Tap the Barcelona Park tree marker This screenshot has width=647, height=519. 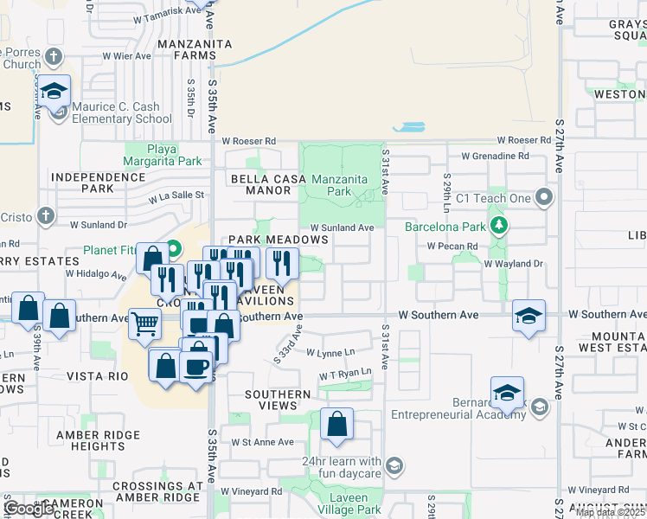click(x=498, y=227)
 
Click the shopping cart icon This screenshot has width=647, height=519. click(x=145, y=323)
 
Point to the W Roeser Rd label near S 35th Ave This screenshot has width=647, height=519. click(x=248, y=140)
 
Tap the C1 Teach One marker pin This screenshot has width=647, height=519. click(x=544, y=197)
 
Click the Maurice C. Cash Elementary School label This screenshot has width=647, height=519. click(x=121, y=113)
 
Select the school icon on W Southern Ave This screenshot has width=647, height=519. click(x=528, y=315)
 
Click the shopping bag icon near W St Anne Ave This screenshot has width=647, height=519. click(x=336, y=425)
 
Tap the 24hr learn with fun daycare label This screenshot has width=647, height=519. click(x=342, y=467)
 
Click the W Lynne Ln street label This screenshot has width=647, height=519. click(x=330, y=352)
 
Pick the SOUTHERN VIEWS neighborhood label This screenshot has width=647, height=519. click(x=277, y=400)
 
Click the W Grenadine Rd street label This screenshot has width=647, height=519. click(x=495, y=157)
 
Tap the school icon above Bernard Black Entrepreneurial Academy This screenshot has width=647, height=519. click(x=506, y=393)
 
